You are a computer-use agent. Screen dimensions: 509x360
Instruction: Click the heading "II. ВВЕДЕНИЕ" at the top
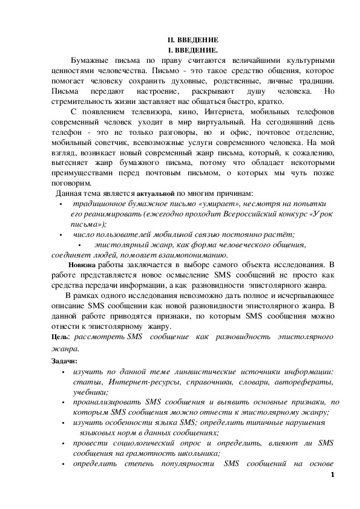tap(188, 40)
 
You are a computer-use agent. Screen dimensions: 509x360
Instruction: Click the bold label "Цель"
tap(60, 336)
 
